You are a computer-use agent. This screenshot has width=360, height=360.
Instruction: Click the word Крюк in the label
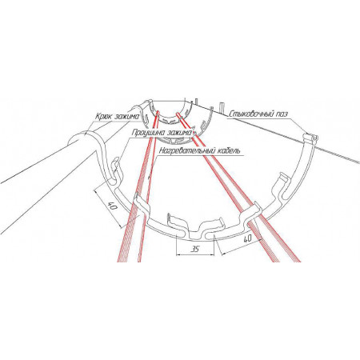coord(103,117)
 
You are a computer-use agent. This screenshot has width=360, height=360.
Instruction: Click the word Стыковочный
coord(250,114)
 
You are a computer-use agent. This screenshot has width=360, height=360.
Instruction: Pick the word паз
coord(280,114)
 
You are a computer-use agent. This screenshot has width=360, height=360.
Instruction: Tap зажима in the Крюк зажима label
coord(127,117)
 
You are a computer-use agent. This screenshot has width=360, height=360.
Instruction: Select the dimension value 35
coord(195,249)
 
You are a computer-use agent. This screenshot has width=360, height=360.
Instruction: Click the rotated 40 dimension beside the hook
coord(112,206)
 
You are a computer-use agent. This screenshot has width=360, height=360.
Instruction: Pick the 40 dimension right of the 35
coord(247,238)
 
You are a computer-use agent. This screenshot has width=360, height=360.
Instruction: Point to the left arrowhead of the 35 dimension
coord(178,254)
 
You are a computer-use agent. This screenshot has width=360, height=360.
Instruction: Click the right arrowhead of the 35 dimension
coord(211,254)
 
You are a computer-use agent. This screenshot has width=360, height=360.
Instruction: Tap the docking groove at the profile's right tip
coord(311,138)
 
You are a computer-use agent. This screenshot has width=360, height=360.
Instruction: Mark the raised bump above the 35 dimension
coord(197,230)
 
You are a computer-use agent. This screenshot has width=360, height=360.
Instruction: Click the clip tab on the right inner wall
coord(281,186)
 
